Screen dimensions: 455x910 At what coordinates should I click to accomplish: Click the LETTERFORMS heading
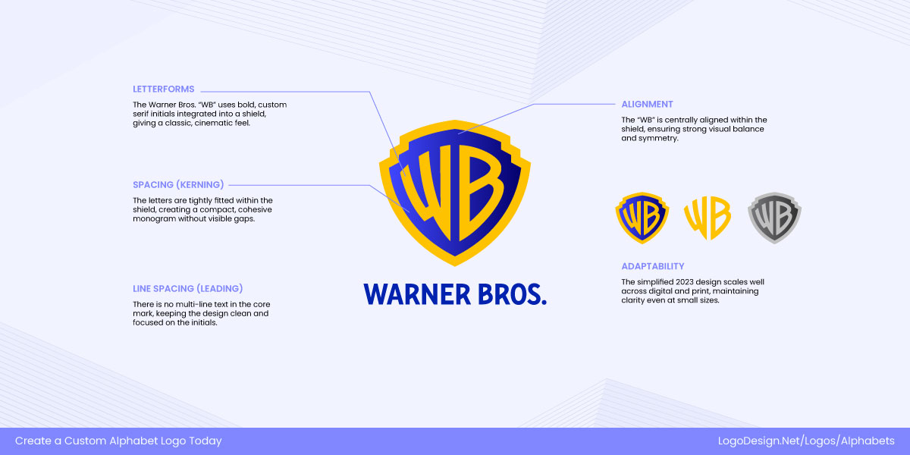point(163,89)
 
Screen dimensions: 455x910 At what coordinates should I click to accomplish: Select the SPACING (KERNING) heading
point(178,184)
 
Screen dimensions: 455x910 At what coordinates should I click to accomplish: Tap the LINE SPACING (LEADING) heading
point(187,288)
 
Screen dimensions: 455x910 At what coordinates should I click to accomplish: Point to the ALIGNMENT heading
point(647,104)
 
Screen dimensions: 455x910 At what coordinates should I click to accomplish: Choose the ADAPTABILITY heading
point(652,266)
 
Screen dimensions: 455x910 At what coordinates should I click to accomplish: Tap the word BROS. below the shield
point(509,293)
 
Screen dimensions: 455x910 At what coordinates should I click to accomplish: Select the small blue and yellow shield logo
point(642,218)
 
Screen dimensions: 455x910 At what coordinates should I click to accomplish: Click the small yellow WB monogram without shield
point(707,218)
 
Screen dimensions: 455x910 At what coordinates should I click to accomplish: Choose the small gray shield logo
point(774,218)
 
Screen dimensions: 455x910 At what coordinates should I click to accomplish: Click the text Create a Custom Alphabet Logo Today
point(118,441)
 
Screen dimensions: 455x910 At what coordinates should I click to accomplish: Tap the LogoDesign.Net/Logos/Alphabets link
point(806,441)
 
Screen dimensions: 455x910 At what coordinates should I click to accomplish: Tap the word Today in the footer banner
point(206,441)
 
